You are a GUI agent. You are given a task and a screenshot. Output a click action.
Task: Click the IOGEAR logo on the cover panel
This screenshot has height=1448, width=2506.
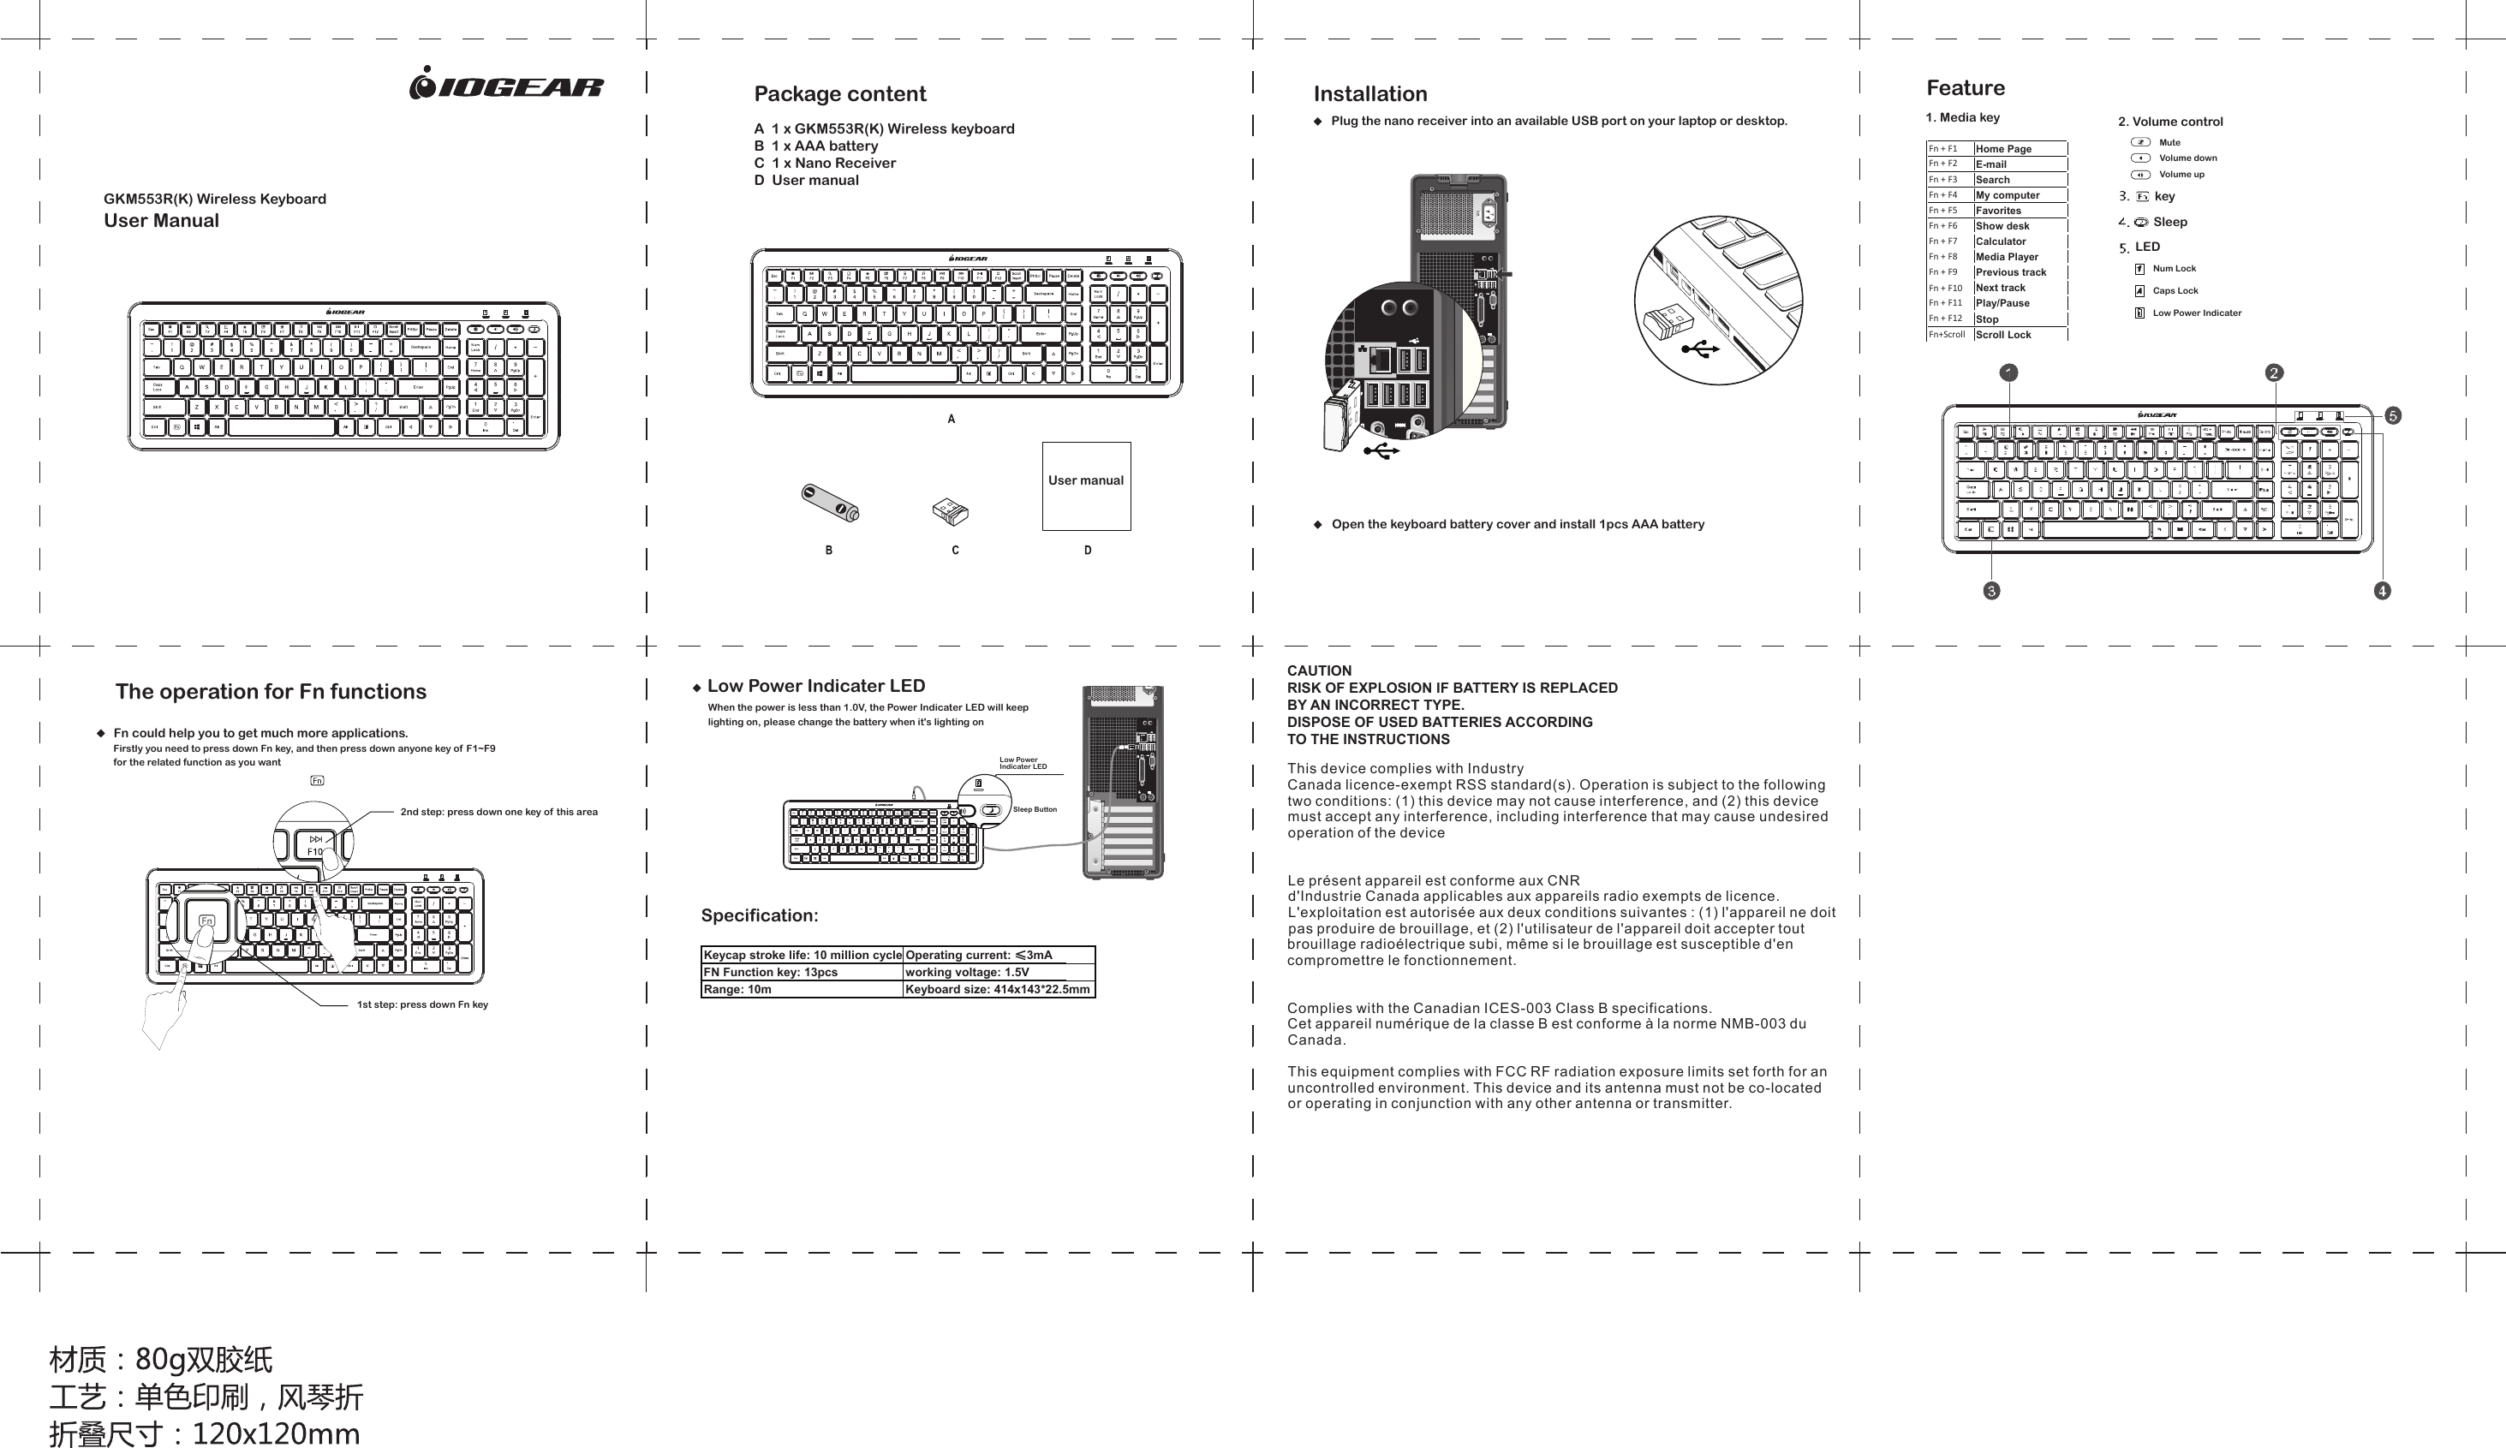point(506,85)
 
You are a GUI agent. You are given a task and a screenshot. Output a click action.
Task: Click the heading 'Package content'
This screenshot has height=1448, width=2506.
point(839,93)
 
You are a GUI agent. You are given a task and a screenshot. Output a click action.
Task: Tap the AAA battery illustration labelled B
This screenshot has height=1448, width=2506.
point(831,503)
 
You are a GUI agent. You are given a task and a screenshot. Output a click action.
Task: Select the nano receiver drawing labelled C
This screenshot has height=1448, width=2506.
point(950,512)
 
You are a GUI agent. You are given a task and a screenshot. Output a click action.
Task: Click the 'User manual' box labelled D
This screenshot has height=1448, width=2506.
point(1086,486)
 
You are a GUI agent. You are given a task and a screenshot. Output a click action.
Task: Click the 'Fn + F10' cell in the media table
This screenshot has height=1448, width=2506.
point(1947,289)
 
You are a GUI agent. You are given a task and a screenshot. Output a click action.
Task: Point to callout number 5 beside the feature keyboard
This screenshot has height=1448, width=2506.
point(2393,415)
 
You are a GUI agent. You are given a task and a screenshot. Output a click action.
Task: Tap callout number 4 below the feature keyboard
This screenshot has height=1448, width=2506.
point(2382,591)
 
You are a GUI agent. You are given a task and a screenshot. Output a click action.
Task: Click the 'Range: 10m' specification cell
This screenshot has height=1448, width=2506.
point(738,990)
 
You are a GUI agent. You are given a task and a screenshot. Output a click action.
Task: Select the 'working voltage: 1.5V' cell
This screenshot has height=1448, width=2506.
point(967,973)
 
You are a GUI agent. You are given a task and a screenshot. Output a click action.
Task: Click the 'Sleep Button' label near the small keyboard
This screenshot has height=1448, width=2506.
point(1035,809)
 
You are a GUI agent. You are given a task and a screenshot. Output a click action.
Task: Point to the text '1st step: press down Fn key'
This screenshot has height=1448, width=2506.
point(421,1004)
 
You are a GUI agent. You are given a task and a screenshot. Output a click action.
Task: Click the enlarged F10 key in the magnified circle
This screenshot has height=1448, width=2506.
point(316,846)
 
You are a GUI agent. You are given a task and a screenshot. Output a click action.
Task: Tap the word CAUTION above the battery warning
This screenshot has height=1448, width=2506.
point(1319,671)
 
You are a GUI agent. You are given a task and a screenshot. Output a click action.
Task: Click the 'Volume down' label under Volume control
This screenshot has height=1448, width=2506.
point(2187,158)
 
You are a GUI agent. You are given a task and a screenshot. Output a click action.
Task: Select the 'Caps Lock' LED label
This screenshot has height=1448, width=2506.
point(2175,291)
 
